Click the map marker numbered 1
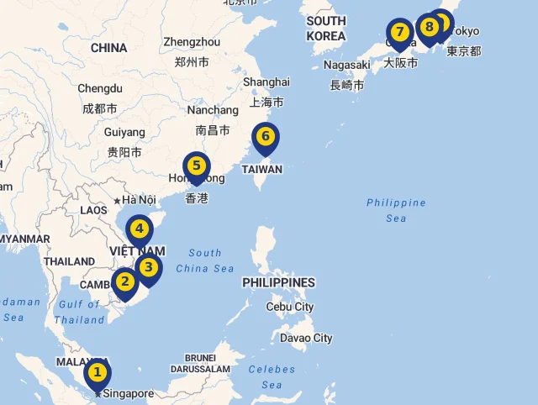tap(97, 372)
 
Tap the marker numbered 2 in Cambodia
tap(124, 282)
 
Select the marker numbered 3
tap(149, 268)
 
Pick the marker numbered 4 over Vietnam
tap(140, 229)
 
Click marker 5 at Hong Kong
tap(197, 166)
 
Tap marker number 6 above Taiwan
tap(266, 136)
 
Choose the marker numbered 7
tap(400, 33)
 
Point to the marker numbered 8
tap(430, 27)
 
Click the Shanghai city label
tap(266, 82)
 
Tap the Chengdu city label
tap(100, 88)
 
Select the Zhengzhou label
tap(192, 42)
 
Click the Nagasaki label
tap(346, 65)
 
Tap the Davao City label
tap(306, 338)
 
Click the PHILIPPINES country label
tap(278, 282)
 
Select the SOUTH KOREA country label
tap(326, 29)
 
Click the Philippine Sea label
tap(396, 210)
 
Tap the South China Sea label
tap(205, 260)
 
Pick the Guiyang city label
tap(124, 132)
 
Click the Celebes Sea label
tap(272, 376)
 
